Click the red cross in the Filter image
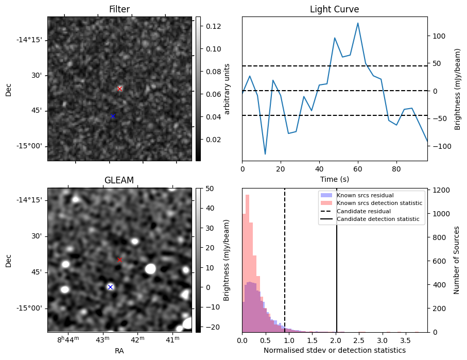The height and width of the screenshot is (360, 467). pos(120,89)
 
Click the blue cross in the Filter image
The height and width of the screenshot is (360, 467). pos(113,116)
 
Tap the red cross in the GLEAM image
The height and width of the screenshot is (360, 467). pos(120,260)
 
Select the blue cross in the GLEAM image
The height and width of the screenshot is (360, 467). pos(110,287)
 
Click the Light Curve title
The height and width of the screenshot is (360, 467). pos(334,9)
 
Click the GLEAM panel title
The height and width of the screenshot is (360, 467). pos(119,180)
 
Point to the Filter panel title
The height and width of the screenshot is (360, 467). pos(119,9)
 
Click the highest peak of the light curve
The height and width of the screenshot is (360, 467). pos(358,23)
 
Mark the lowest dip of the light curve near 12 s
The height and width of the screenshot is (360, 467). pos(265,154)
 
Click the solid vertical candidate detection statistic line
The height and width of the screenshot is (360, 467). pos(337,268)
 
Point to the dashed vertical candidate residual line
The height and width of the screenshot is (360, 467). pos(285,268)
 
